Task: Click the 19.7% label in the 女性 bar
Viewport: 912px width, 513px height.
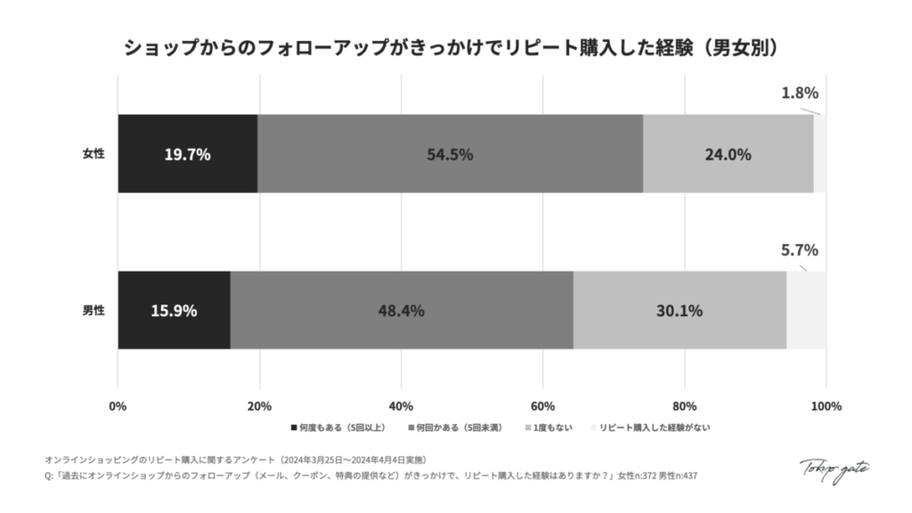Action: [187, 154]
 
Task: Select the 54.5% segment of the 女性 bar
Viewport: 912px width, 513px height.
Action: [450, 154]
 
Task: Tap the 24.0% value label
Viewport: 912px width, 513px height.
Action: [728, 154]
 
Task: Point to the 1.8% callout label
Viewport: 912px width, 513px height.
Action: [799, 93]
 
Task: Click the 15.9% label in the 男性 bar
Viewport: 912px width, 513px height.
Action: [174, 311]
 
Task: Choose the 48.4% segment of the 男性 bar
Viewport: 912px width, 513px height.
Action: [401, 311]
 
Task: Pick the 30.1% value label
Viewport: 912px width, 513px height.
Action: [680, 311]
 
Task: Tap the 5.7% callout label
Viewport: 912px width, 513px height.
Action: [799, 250]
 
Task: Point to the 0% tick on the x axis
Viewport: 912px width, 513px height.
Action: [118, 406]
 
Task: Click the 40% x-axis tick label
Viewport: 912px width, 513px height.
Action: [401, 406]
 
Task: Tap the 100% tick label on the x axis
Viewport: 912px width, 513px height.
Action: [826, 406]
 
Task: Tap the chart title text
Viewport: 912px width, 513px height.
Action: [456, 46]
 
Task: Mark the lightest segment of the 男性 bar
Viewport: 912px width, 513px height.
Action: [806, 311]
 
